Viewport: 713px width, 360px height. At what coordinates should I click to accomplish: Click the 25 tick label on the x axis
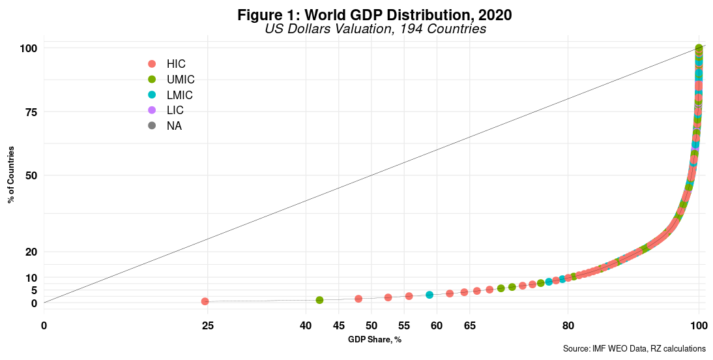[x=207, y=325]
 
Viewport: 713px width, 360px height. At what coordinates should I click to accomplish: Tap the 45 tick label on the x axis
[x=339, y=325]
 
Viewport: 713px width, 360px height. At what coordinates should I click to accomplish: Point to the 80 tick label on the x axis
[x=568, y=325]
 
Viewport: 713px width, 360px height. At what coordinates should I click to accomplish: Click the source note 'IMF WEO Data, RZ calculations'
[x=634, y=350]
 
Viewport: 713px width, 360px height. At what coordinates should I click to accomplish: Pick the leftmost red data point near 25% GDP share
[x=205, y=301]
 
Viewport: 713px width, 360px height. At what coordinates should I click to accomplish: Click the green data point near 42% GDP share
[x=319, y=300]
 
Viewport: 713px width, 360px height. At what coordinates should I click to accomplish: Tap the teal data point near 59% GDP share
[x=429, y=295]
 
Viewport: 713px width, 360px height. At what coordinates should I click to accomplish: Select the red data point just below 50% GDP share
[x=358, y=299]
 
